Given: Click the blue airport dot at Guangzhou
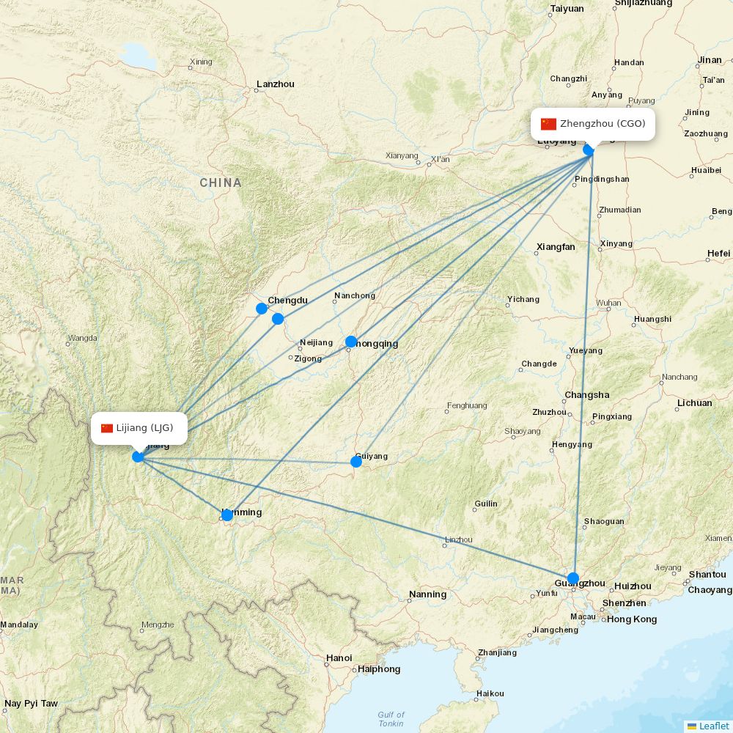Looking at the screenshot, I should pos(573,578).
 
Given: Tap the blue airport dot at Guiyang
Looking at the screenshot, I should pos(356,461).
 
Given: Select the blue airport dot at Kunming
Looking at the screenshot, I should pos(227,515).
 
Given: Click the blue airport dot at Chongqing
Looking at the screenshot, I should pos(351,342).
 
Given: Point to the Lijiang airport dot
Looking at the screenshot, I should pos(138,457).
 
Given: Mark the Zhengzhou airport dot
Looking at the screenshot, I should pos(589,150).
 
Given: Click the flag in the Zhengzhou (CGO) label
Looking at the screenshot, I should pos(548,124).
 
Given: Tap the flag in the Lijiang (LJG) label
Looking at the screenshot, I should pos(107,428).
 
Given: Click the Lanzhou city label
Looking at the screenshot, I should pos(276,84).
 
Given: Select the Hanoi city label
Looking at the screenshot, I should pos(339,658).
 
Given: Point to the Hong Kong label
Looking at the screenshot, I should pos(632,619).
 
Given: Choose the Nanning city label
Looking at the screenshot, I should pos(428,594).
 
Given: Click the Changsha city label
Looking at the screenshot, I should pos(587,395).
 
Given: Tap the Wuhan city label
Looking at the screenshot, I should pos(608,303).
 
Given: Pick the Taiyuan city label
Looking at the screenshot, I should pos(567,9).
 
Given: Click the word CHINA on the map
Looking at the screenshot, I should pos(221,183).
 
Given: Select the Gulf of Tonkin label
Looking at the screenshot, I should pos(391,719).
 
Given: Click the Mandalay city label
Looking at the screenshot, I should pos(18,625).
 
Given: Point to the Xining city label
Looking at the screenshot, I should pos(200,62).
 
